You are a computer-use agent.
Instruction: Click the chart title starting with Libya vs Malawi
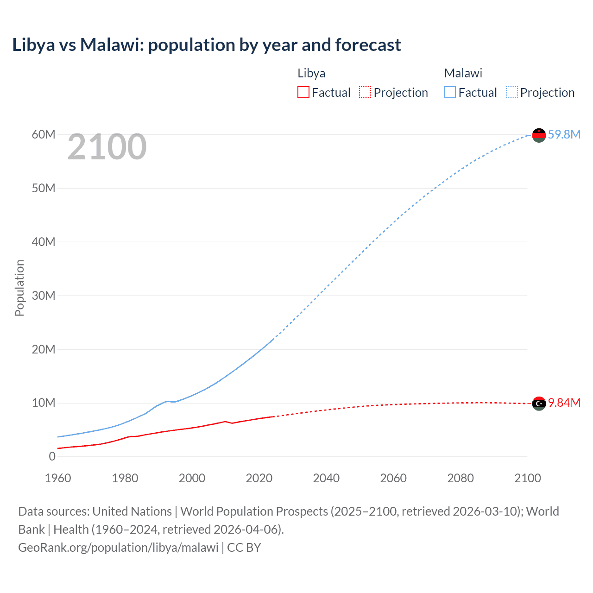[207, 45]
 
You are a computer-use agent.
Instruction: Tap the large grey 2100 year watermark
[107, 147]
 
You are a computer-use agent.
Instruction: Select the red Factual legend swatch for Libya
[303, 92]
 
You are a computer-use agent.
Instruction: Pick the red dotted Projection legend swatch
[365, 92]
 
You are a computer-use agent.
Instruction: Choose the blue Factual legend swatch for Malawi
[449, 92]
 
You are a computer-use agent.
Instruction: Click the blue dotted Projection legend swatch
[511, 92]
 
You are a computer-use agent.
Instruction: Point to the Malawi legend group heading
[463, 73]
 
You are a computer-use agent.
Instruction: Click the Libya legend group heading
[311, 73]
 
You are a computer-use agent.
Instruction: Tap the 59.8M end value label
[564, 134]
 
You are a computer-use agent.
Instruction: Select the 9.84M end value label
[564, 403]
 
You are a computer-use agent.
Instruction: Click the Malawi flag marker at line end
[539, 135]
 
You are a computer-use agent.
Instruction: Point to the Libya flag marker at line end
[539, 404]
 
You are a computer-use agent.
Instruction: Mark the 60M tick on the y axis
[44, 134]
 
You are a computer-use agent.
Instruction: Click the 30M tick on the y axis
[44, 296]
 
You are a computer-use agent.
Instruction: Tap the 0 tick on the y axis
[52, 456]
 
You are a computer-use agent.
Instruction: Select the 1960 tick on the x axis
[58, 478]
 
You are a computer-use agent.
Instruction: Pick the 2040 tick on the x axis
[326, 478]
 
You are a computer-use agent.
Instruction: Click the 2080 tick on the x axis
[461, 478]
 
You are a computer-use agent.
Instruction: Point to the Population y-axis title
[19, 288]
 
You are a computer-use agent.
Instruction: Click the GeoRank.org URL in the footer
[118, 548]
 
